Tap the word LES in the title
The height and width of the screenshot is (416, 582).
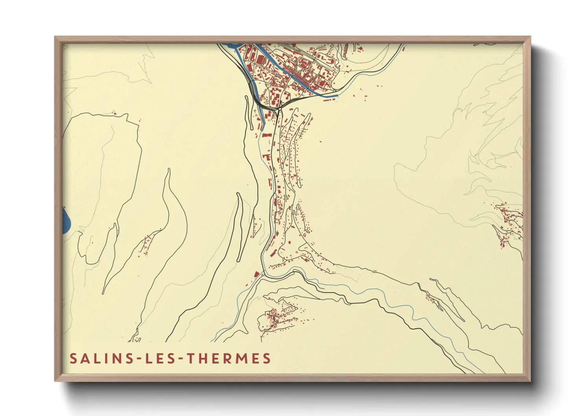click(x=160, y=359)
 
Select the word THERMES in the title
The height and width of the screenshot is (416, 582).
click(x=228, y=359)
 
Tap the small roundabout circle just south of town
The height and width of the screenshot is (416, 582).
click(x=279, y=202)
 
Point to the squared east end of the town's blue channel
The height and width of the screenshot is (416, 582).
click(x=337, y=95)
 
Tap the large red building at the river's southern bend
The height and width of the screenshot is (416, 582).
click(x=256, y=274)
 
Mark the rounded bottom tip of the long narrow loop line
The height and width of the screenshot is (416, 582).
click(x=239, y=261)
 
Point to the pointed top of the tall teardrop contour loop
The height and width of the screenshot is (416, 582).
click(x=169, y=169)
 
